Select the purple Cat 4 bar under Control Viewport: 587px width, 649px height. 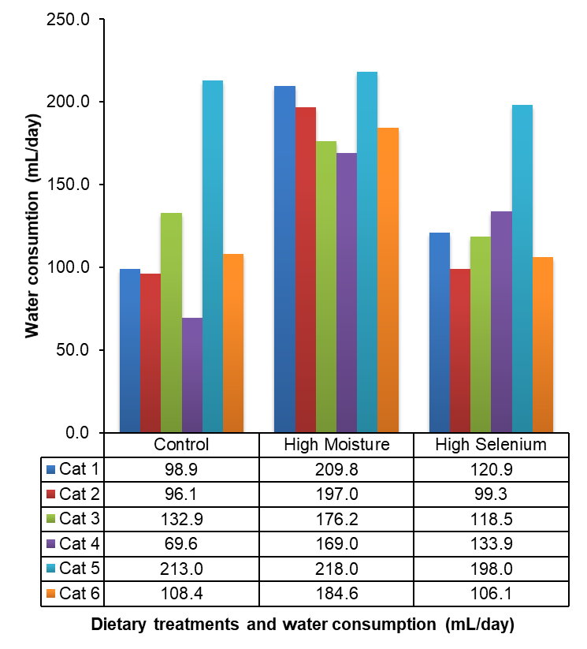coord(192,375)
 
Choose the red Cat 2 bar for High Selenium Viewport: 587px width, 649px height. coord(460,350)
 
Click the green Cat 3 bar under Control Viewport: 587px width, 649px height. coord(172,323)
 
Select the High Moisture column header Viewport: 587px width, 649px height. coord(336,445)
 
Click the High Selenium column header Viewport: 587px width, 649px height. coord(490,445)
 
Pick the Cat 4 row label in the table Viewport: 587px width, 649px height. coord(79,543)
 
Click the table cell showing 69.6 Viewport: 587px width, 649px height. coord(182,543)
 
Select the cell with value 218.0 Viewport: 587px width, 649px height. coord(336,568)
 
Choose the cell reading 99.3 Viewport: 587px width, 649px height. coord(490,494)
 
